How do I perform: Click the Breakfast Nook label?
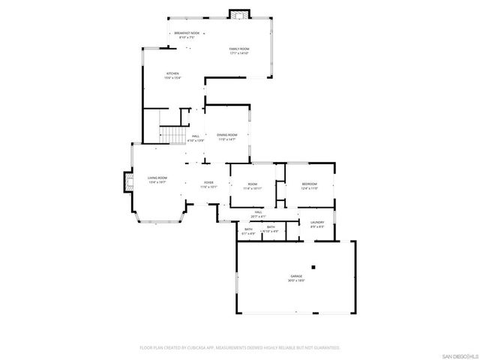187,34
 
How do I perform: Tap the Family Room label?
238,50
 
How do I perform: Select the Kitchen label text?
172,74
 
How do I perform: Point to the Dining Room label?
227,136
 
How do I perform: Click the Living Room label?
157,179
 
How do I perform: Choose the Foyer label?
208,184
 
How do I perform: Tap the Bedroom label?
310,185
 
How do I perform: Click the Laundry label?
316,223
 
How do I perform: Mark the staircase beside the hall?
172,135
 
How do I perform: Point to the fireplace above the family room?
239,14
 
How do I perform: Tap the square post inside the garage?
315,266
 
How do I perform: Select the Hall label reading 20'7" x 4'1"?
257,214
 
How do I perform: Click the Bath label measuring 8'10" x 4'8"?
271,228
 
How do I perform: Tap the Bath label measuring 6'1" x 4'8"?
248,231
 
